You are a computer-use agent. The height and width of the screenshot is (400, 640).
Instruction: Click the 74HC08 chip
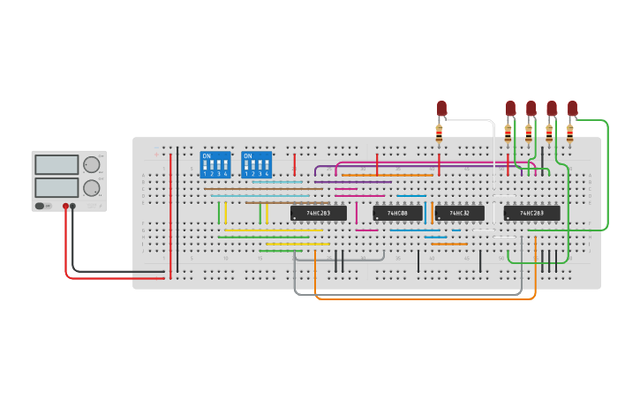[397, 213]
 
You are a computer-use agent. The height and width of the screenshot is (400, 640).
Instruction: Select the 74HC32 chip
[459, 213]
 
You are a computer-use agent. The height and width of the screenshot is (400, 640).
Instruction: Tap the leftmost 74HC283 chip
[318, 213]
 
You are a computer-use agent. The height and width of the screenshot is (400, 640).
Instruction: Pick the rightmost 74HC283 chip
[531, 213]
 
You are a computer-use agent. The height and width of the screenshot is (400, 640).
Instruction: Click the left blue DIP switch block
[215, 164]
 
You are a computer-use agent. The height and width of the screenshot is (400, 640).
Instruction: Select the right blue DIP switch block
[257, 164]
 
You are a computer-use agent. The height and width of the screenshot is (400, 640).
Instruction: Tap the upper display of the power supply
[56, 164]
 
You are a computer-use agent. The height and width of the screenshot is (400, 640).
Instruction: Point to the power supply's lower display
[56, 187]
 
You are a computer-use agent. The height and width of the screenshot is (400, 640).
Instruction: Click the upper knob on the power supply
[91, 164]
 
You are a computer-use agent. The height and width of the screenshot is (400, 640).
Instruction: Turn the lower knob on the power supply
[91, 187]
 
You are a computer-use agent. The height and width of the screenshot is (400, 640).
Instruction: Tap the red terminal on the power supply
[65, 206]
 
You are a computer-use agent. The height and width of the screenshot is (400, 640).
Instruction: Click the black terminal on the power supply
[72, 206]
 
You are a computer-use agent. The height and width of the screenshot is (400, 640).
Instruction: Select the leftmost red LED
[441, 108]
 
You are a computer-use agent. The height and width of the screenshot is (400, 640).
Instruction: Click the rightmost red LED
[572, 108]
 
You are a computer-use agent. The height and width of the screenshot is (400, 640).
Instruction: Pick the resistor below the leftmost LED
[439, 132]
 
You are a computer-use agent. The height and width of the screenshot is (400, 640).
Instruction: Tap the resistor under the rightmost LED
[569, 133]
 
